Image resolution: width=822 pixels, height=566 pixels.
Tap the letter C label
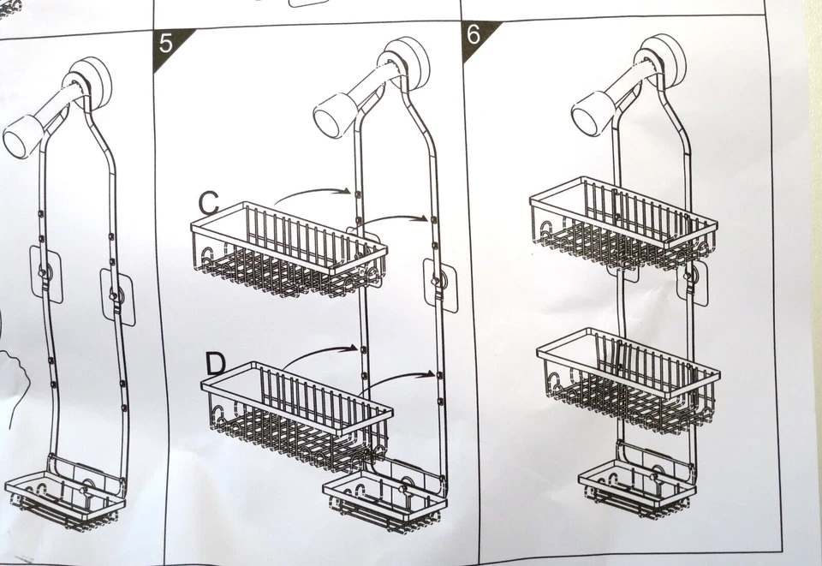pyautogui.click(x=208, y=203)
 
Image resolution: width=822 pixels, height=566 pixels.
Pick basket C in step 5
pyautogui.click(x=287, y=249)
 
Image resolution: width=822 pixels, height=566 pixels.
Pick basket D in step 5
pyautogui.click(x=295, y=414)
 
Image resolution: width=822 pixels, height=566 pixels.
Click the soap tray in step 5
pyautogui.click(x=383, y=501)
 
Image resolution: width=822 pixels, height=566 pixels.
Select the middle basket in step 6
pyautogui.click(x=628, y=378)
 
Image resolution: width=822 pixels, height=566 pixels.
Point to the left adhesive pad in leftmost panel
pyautogui.click(x=46, y=273)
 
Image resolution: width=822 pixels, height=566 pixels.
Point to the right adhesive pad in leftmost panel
pyautogui.click(x=117, y=296)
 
